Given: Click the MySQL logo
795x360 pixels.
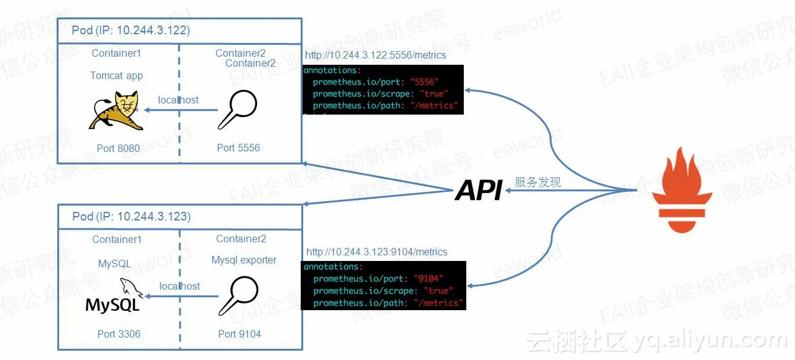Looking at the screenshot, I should tap(114, 298).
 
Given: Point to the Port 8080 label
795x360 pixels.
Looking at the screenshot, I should tap(118, 148).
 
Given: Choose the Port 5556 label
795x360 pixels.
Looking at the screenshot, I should tap(238, 148).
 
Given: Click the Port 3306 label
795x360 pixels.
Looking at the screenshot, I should tap(119, 334).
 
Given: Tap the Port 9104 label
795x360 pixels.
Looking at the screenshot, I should tap(240, 334).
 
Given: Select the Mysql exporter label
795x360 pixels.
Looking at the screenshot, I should tap(244, 260).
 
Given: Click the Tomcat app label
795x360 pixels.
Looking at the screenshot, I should tap(116, 75).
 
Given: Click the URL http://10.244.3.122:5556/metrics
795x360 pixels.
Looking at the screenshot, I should tap(375, 55).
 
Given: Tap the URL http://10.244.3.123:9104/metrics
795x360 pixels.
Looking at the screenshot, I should tap(377, 252).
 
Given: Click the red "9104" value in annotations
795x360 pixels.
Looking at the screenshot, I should tap(429, 278).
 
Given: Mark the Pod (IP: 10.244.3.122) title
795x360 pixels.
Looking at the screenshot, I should tap(131, 30).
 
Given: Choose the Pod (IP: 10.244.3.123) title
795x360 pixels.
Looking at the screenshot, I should tap(131, 216).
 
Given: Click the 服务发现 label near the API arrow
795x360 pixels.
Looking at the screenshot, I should tap(538, 182).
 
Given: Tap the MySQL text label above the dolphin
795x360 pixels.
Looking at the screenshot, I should tap(115, 263).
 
